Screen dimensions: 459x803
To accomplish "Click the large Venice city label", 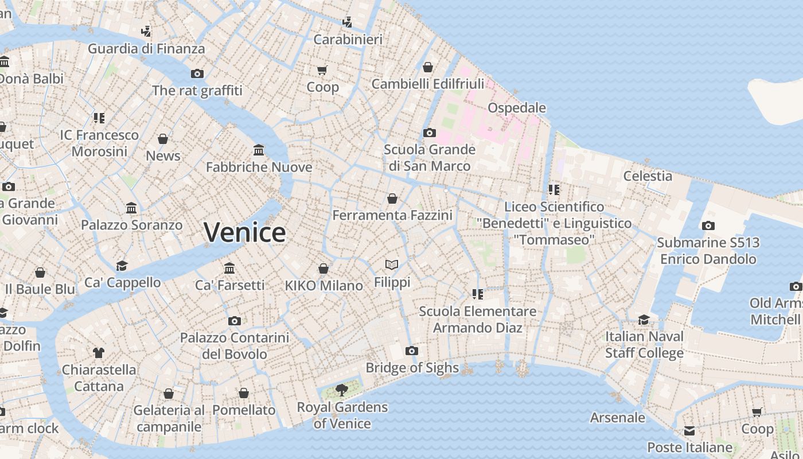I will click(245, 232).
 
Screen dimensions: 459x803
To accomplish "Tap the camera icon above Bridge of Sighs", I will click(411, 351).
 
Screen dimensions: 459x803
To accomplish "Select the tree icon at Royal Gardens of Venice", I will click(342, 391).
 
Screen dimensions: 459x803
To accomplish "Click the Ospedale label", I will click(516, 108).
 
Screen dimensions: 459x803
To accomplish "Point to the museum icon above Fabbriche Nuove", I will click(259, 150).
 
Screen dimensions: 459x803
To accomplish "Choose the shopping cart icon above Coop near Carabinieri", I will click(322, 71).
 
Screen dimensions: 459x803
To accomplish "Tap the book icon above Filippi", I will click(392, 265).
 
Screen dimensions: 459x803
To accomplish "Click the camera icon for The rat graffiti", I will click(197, 74).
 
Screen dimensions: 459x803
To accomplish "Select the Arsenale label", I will click(618, 418).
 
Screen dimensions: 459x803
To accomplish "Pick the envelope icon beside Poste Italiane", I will click(689, 431).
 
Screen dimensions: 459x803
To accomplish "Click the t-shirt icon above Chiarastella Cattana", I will click(99, 352).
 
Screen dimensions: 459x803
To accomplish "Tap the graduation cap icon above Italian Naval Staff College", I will click(644, 320).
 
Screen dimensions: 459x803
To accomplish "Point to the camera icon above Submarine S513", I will click(708, 226).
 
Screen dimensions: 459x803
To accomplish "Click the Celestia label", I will click(648, 176).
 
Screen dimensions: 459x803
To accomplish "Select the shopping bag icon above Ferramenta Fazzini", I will click(392, 199).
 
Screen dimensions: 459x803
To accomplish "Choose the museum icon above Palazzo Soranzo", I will click(131, 208).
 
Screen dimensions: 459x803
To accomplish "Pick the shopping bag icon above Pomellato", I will click(244, 394).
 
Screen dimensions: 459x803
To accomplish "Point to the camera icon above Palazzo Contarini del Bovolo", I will click(234, 321).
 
